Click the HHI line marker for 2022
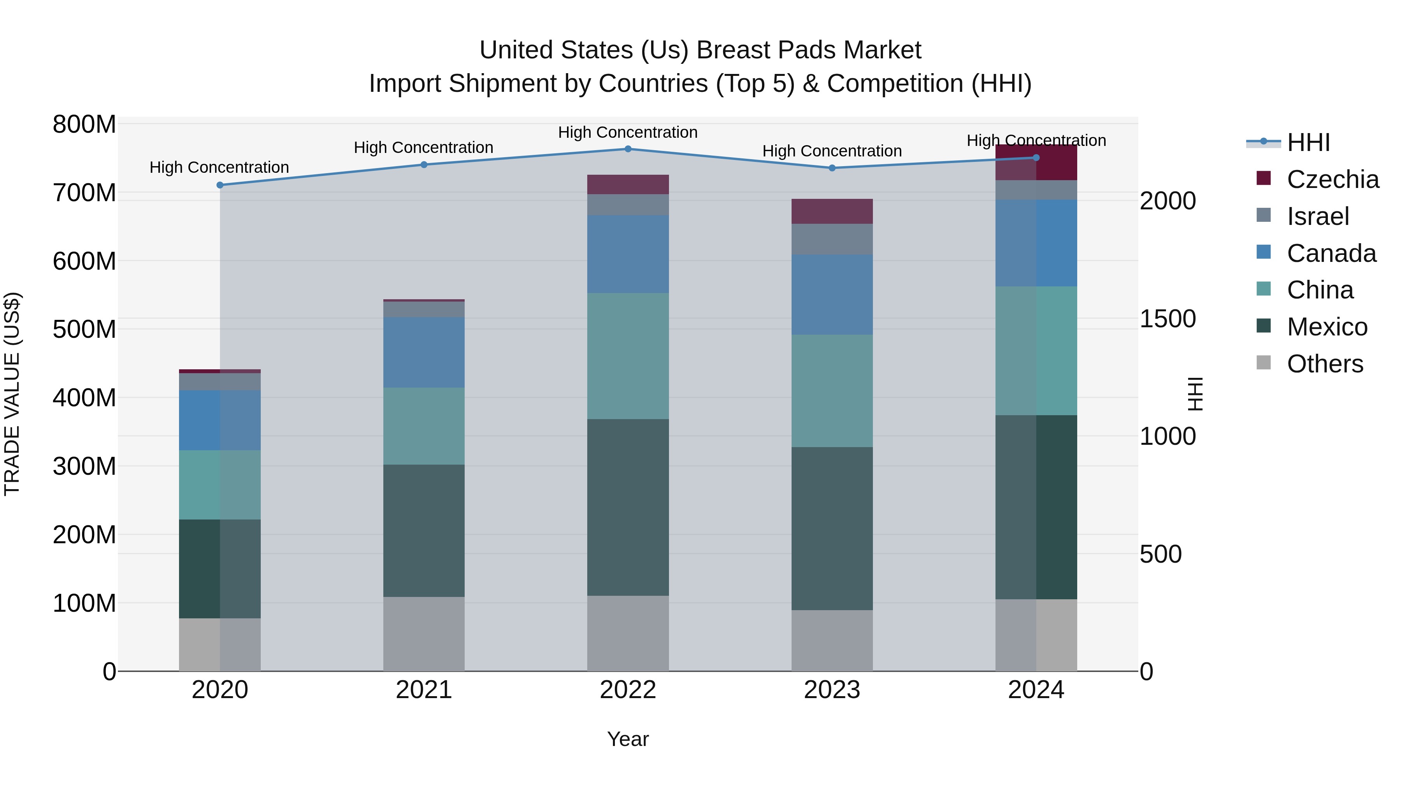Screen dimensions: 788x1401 click(628, 149)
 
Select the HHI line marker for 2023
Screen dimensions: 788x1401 click(832, 168)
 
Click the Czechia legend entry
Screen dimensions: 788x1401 click(1332, 179)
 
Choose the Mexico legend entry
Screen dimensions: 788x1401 click(1327, 327)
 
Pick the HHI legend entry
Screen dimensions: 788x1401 click(1308, 142)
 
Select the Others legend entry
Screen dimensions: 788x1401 click(1324, 364)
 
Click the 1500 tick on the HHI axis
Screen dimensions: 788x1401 click(1167, 319)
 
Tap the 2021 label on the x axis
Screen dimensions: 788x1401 click(424, 690)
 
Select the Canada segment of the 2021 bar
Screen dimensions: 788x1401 click(424, 353)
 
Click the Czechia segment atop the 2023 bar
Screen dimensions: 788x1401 click(832, 211)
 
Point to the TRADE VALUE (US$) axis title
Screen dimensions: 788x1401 click(12, 394)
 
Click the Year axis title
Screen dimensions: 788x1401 click(628, 739)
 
